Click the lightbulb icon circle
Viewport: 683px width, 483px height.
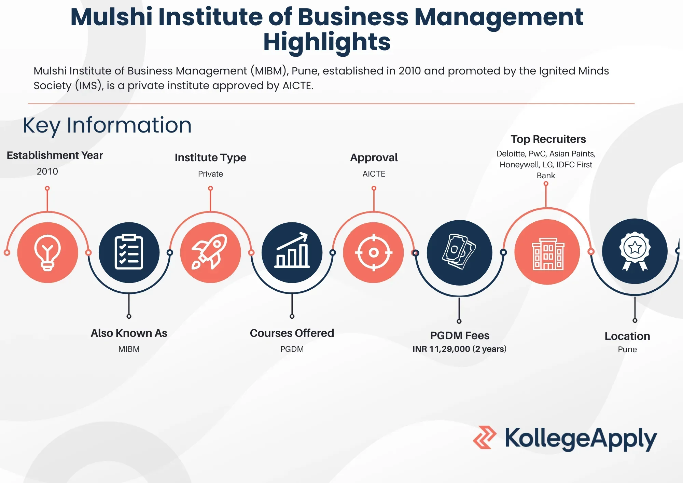coord(47,252)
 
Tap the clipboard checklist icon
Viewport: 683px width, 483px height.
coord(129,252)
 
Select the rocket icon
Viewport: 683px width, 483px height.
coord(210,252)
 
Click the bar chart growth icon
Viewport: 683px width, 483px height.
coord(292,252)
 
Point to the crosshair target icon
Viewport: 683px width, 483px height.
coord(374,252)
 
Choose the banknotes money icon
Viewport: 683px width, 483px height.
coord(459,252)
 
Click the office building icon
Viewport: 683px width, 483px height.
coord(547,252)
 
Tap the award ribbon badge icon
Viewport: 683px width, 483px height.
coord(635,251)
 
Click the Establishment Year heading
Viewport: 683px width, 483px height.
coord(55,155)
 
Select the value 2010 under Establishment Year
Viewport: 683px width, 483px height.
coord(47,171)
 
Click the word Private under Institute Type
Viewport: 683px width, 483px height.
coord(210,174)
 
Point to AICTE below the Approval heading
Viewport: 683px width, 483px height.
coord(374,174)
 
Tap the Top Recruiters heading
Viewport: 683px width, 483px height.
coord(548,139)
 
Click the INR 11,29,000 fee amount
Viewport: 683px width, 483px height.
coord(441,349)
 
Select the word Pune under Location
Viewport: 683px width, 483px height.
coord(627,349)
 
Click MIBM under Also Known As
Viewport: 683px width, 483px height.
coord(129,349)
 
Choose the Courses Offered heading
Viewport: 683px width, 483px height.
coord(292,333)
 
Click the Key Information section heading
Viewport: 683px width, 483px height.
coord(107,125)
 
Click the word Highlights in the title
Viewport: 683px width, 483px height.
coord(327,42)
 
